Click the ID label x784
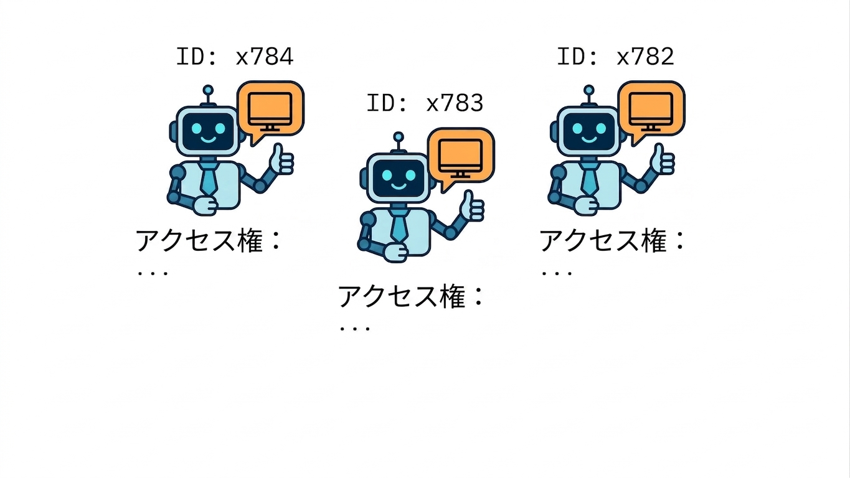(235, 57)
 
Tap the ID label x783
(425, 103)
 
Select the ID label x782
(615, 57)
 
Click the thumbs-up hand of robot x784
(281, 159)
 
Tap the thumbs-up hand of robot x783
(471, 206)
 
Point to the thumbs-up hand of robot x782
(662, 159)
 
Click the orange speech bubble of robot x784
(270, 110)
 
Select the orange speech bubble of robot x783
(461, 157)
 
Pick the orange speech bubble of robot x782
(651, 110)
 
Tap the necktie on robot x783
(399, 226)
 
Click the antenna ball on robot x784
(208, 90)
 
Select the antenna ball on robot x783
(399, 137)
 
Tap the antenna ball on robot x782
(589, 90)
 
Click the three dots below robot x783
(354, 329)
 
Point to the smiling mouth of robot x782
(589, 139)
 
